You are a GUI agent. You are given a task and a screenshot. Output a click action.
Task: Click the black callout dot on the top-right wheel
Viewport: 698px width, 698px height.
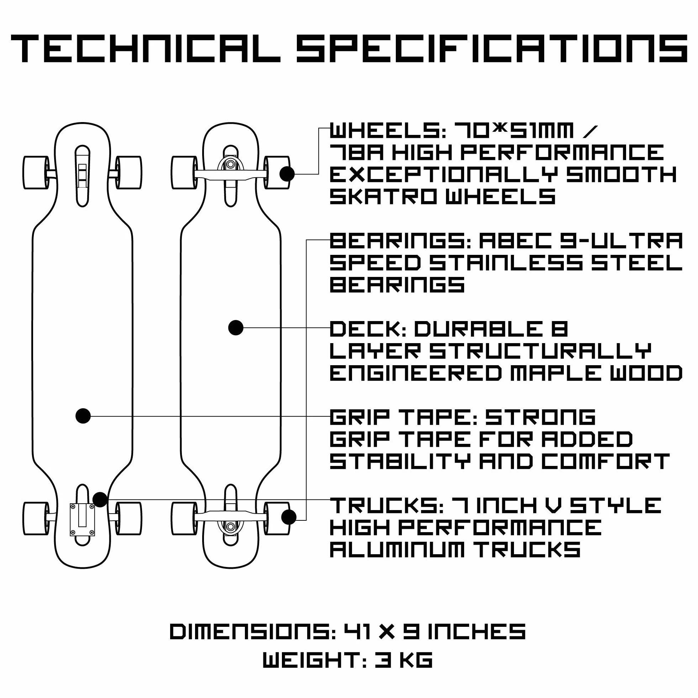287,174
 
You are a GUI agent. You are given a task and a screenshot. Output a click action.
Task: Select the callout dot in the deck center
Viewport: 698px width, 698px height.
236,328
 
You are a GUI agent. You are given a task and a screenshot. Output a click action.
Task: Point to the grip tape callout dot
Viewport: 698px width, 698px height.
83,416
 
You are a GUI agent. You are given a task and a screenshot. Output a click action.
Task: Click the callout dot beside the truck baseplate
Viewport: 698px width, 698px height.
100,500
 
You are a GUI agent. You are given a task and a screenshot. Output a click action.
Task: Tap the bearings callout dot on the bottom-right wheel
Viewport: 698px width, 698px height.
289,517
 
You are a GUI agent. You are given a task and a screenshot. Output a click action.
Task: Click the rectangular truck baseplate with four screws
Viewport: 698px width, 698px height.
82,520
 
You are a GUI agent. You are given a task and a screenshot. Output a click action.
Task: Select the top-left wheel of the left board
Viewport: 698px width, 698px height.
36,173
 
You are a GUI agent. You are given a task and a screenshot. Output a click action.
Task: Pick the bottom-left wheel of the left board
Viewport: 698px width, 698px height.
36,518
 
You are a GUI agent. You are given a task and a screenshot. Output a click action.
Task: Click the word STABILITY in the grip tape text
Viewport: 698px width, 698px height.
400,461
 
